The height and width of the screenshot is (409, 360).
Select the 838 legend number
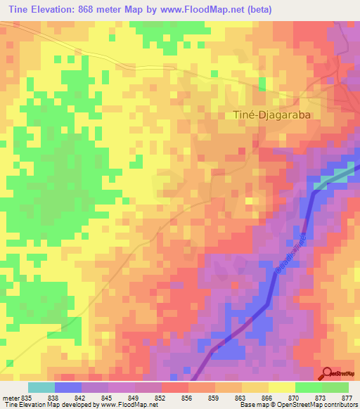click(53, 397)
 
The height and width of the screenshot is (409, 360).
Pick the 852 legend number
click(161, 397)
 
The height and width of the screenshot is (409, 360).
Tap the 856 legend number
click(188, 397)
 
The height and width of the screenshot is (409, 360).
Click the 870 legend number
click(294, 397)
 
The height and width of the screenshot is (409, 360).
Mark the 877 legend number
click(347, 397)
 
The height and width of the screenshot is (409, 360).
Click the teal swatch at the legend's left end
click(41, 387)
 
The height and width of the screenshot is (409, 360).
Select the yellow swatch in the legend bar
click(281, 387)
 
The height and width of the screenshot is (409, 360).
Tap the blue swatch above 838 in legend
click(68, 387)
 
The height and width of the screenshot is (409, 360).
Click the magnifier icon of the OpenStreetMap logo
click(327, 373)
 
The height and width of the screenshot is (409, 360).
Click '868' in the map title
click(94, 10)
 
